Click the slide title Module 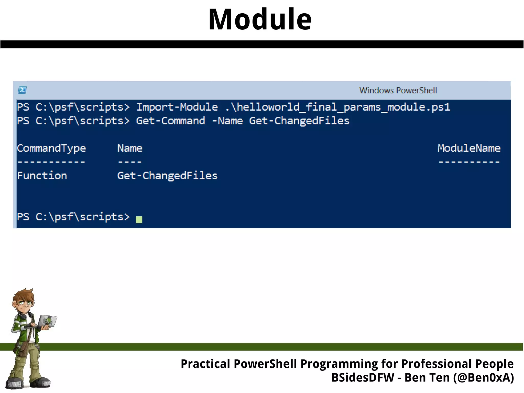tap(260, 19)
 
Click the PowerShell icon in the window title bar tap(22, 90)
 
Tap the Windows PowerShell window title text tap(398, 90)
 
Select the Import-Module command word tap(177, 107)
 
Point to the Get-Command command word tap(170, 121)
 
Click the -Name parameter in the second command tap(227, 121)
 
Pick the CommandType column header tap(51, 148)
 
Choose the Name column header tap(130, 148)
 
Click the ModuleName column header tap(469, 148)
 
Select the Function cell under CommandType tap(42, 176)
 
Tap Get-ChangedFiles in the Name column tap(167, 176)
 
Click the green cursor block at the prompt tap(139, 220)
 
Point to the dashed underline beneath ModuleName tap(469, 162)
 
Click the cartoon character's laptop tap(47, 322)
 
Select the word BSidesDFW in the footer tap(363, 378)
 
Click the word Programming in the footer tap(339, 364)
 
